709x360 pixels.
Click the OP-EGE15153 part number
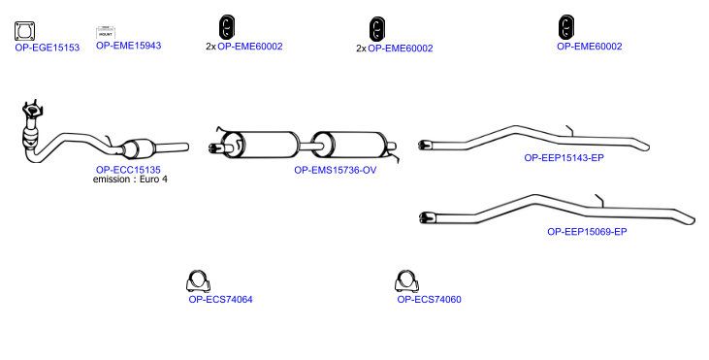[47, 48]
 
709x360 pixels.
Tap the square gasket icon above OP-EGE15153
[24, 31]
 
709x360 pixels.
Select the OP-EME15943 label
[128, 46]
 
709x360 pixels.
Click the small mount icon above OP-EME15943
[106, 33]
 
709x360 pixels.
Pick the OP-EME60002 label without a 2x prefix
[589, 47]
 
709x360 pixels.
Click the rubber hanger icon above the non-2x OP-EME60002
[566, 26]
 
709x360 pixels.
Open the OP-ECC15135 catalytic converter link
[128, 170]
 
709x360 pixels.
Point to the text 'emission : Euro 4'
[130, 180]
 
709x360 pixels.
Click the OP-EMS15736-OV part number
[335, 170]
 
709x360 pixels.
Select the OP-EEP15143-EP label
[564, 158]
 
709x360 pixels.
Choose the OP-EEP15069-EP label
[587, 232]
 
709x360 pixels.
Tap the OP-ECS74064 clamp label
[221, 300]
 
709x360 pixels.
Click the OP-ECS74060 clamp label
[429, 300]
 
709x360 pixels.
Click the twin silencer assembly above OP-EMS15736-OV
[304, 146]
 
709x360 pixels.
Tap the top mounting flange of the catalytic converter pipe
[32, 110]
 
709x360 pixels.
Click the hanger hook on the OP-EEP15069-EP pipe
[599, 200]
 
